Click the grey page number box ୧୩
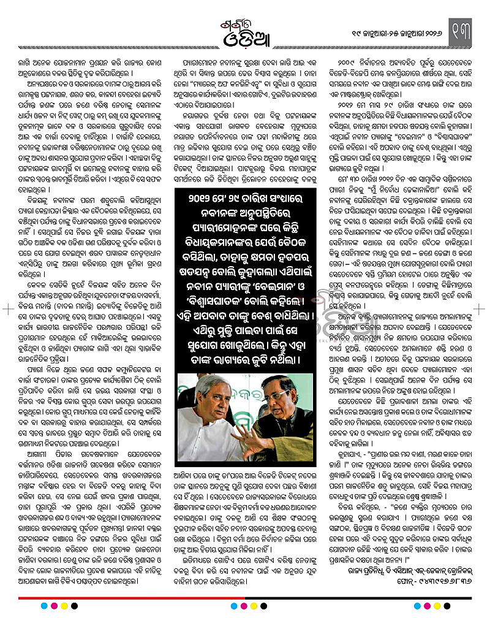pos(467,28)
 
